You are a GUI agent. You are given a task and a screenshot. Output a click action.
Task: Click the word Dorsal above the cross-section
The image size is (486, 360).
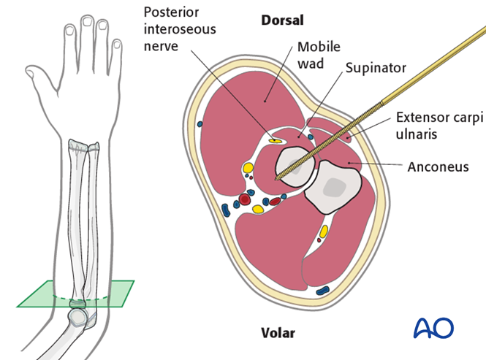tap(282, 21)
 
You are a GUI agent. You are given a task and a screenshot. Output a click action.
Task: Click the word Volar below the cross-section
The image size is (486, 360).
tap(278, 334)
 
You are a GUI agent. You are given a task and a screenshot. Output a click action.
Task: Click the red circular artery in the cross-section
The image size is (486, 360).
tap(244, 199)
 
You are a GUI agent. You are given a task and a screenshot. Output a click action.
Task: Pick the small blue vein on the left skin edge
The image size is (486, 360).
tap(200, 125)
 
